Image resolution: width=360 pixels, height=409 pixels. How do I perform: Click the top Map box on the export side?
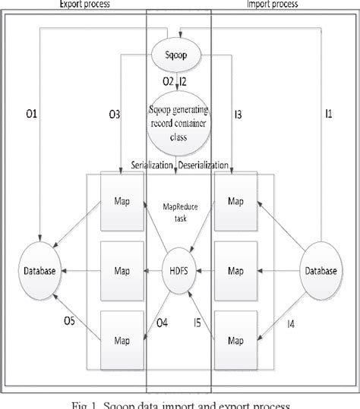coord(122,203)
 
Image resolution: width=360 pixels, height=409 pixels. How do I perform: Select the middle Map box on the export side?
coord(122,269)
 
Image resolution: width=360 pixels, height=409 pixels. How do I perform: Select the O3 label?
coord(114,115)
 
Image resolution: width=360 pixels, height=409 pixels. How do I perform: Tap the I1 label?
coord(329,114)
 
